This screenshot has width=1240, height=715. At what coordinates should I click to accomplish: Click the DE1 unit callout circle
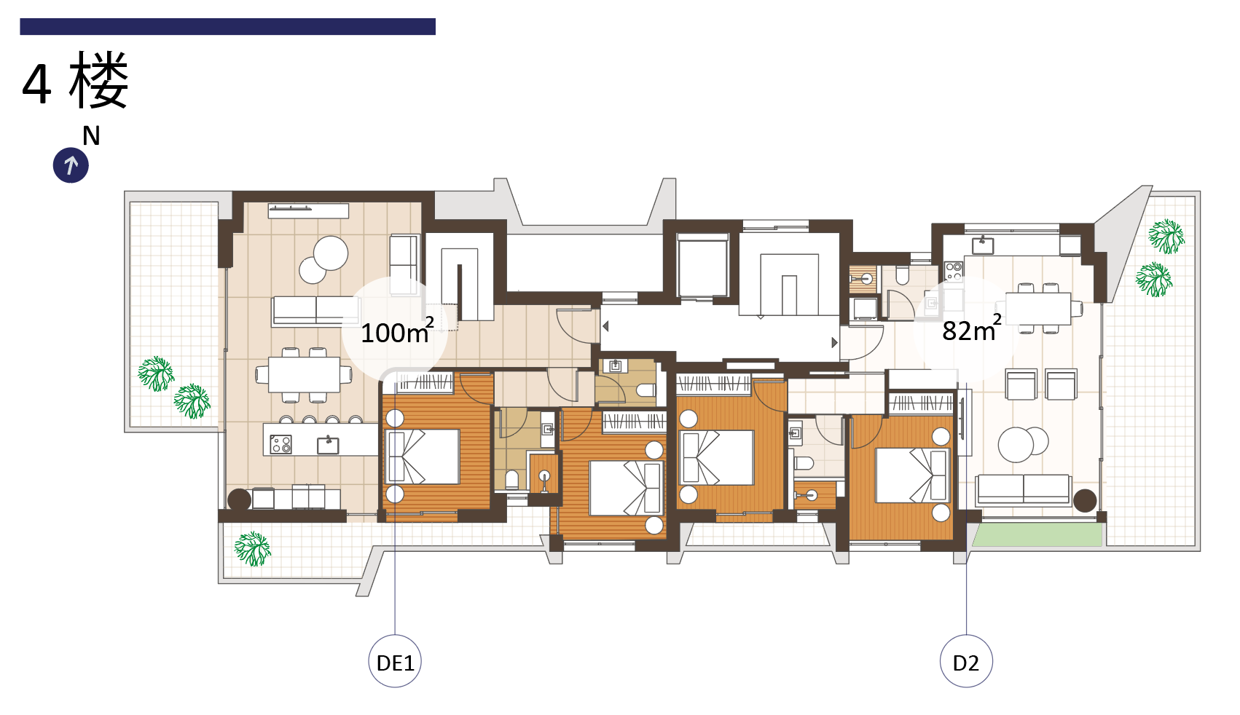click(x=395, y=661)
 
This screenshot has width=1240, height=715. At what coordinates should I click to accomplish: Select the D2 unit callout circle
click(x=966, y=661)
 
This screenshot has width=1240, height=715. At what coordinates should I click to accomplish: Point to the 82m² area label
click(x=971, y=329)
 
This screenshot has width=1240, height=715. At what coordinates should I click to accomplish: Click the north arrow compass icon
click(x=71, y=165)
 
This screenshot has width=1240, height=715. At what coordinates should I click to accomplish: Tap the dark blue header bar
click(x=227, y=26)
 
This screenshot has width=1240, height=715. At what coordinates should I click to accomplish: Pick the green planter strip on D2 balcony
click(x=1037, y=534)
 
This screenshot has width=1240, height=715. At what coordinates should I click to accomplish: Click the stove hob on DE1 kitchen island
click(x=280, y=444)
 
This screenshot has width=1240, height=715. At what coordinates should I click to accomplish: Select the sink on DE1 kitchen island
click(x=328, y=444)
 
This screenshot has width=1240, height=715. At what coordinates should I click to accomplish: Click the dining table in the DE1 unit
click(x=304, y=375)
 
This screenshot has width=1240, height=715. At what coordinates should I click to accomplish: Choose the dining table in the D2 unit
click(x=1038, y=308)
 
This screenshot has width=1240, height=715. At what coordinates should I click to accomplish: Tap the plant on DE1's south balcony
click(x=252, y=548)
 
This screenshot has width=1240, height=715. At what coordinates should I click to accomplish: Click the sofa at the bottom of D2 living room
click(x=1024, y=489)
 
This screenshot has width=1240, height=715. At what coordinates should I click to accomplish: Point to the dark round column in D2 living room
click(x=1085, y=500)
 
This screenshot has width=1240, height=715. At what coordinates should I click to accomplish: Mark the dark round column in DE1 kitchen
click(x=239, y=499)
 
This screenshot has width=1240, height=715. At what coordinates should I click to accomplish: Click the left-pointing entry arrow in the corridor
click(x=605, y=326)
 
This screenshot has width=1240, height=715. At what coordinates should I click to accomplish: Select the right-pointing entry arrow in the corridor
click(x=835, y=342)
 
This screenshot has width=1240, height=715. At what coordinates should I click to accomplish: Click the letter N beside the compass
click(x=91, y=135)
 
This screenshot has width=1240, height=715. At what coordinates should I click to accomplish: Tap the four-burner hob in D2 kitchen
click(x=954, y=270)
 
